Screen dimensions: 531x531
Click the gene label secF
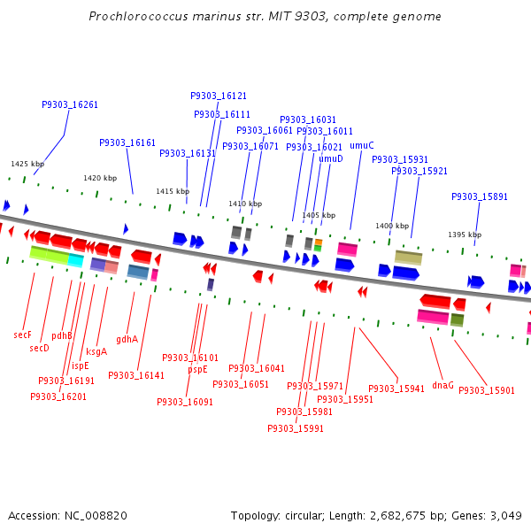22,335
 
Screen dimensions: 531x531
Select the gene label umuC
362,146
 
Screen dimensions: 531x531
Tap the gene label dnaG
443,385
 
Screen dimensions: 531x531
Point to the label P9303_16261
70,104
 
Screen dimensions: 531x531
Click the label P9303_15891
480,196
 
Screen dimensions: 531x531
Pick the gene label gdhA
127,339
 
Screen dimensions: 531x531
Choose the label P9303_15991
296,428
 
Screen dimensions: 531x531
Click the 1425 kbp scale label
27,164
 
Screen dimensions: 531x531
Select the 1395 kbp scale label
465,235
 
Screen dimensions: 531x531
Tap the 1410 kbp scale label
245,204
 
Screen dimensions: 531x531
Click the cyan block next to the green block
75,260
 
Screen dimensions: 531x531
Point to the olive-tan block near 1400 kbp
408,258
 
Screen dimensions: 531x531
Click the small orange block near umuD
318,242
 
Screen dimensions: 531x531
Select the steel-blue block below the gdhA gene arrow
138,272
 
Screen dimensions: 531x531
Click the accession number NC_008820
96,516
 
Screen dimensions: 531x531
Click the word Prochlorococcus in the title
139,16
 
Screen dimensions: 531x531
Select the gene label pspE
197,369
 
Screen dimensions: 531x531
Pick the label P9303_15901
487,390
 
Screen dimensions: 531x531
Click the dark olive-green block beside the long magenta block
457,320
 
